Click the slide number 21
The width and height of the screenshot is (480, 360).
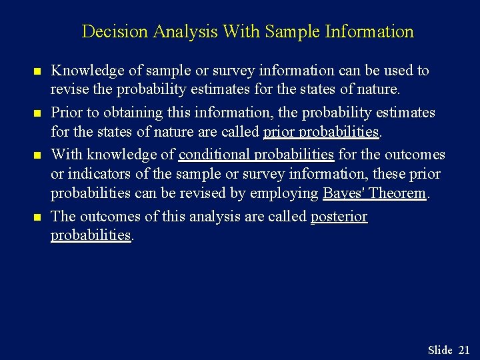[464, 350]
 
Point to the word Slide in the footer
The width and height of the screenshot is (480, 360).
[440, 350]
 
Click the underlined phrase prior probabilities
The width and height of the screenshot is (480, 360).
[321, 132]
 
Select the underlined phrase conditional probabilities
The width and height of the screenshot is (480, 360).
[256, 155]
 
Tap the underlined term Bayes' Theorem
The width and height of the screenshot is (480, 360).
[374, 193]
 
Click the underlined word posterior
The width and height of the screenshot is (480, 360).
[339, 217]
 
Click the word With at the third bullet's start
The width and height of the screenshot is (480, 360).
[66, 155]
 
